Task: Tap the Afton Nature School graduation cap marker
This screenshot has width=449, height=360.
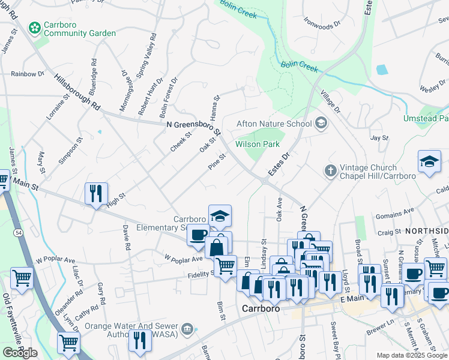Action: point(321,124)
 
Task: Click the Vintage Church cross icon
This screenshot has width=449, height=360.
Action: point(330,172)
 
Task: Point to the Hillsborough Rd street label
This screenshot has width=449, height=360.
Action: point(77,92)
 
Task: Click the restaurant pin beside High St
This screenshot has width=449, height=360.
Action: point(96,194)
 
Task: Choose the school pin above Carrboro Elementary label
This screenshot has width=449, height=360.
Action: point(220,217)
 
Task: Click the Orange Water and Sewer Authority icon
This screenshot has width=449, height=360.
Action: point(188,328)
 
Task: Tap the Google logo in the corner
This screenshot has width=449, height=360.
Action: point(20,353)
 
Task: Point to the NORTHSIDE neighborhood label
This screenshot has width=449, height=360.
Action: point(426,231)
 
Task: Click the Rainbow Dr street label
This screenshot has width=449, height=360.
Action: point(28,74)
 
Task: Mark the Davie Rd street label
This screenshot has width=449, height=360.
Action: point(127,238)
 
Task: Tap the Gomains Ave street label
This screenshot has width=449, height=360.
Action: point(395,211)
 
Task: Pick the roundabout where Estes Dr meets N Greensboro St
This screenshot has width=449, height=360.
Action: point(264,179)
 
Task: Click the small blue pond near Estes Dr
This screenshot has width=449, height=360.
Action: point(382,70)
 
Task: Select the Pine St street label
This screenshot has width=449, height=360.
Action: point(217,163)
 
